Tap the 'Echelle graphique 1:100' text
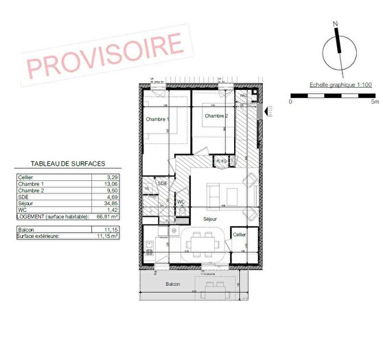click(x=332, y=85)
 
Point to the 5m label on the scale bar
click(x=374, y=101)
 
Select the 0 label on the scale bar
click(x=290, y=101)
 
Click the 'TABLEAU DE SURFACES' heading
click(x=68, y=165)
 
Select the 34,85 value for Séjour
click(x=105, y=204)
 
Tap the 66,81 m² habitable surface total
click(x=105, y=216)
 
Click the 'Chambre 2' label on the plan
click(x=215, y=116)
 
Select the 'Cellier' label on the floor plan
click(x=239, y=235)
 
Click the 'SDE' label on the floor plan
click(x=162, y=184)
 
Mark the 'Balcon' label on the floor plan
click(x=172, y=283)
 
